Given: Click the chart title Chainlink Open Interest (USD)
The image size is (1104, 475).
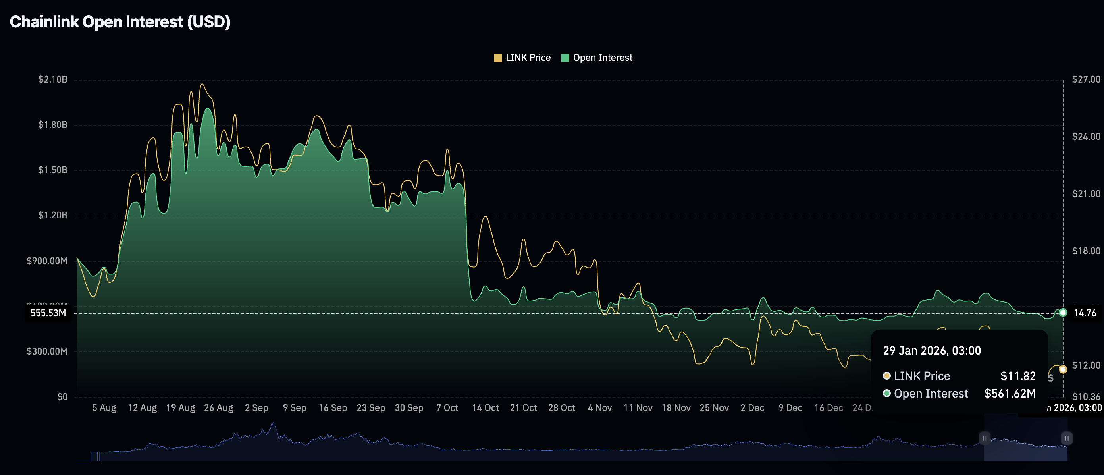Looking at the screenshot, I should [120, 22].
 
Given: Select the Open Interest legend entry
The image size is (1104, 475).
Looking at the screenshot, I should [597, 58].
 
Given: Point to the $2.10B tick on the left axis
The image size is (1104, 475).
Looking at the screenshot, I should [53, 79].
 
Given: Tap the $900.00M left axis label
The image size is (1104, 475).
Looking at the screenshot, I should [47, 261].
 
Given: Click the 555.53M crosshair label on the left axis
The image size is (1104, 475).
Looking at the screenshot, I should [48, 313].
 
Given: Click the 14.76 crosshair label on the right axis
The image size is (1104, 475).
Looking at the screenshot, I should [1084, 313].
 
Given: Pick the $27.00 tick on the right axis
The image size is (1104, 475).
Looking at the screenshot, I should [1086, 79].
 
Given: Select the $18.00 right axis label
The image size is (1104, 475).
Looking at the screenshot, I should [1086, 251].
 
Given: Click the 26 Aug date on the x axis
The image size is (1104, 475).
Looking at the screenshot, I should [218, 408].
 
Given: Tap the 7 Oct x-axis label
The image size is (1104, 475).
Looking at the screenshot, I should [447, 408].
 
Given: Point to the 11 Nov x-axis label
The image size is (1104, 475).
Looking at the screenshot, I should [638, 408].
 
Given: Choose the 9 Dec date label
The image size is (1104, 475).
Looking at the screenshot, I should [790, 408].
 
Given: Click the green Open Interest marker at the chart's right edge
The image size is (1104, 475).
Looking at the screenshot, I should [1062, 313].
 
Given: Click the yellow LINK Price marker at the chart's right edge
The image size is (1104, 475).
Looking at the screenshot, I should [1062, 369].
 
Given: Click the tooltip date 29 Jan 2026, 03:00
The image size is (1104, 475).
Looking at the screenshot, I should [932, 351].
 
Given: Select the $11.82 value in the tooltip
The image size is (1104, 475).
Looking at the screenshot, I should [1017, 376].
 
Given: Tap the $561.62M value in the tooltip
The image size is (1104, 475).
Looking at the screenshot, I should [1010, 394].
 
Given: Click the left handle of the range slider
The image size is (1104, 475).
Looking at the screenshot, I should [985, 438].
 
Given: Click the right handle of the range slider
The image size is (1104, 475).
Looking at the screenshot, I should [1066, 438].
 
